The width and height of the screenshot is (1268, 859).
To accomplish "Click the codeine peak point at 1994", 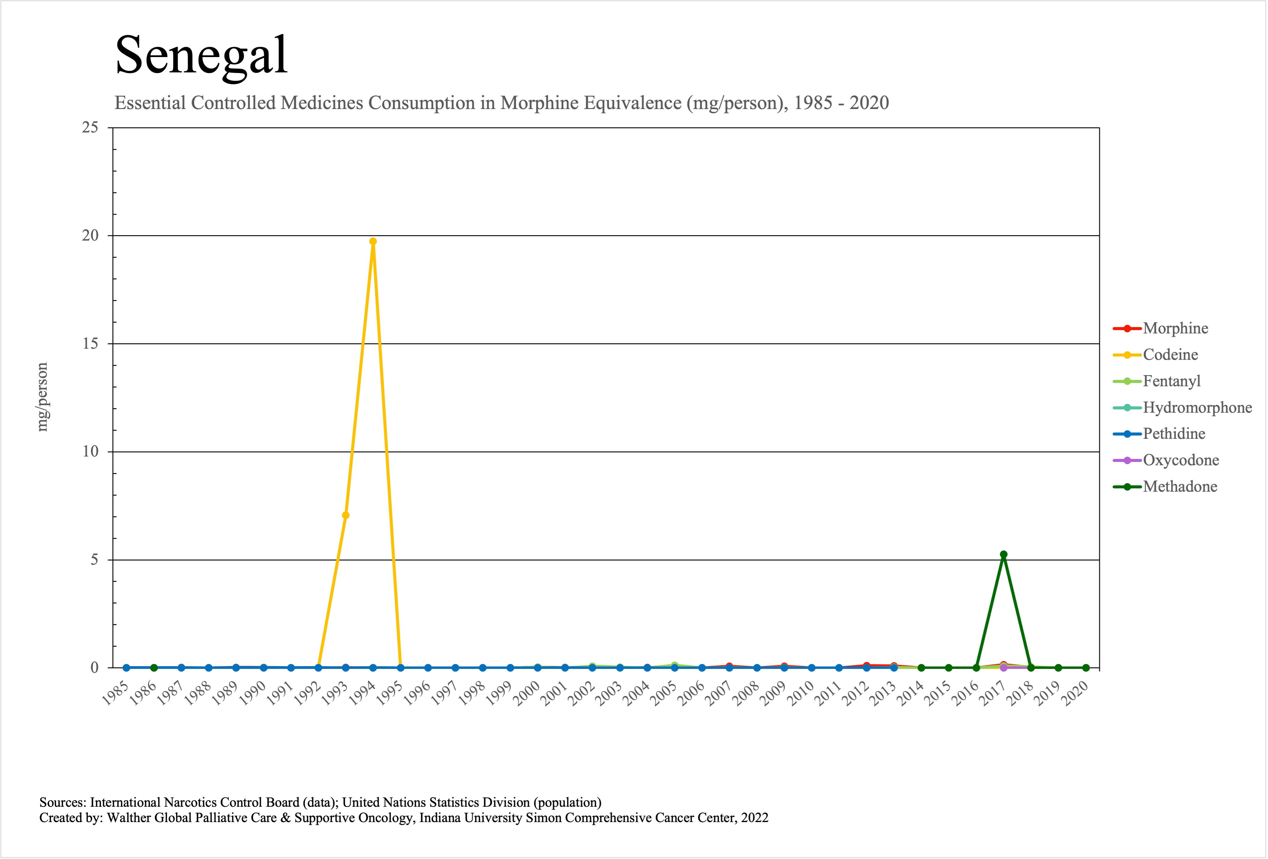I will [x=373, y=241].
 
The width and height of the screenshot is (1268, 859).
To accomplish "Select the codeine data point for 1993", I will [x=345, y=515].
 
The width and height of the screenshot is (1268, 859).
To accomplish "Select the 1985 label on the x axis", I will [x=116, y=694].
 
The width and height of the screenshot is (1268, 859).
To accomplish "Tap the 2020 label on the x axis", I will [x=1075, y=694].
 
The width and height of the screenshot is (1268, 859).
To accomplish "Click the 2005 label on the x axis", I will [x=664, y=694].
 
